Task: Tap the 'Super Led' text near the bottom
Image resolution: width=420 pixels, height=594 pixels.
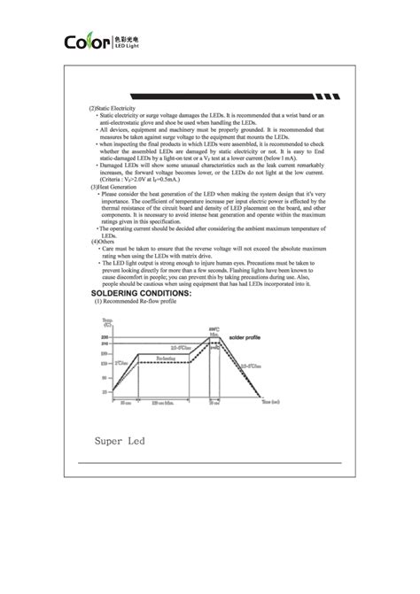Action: [x=124, y=439]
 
